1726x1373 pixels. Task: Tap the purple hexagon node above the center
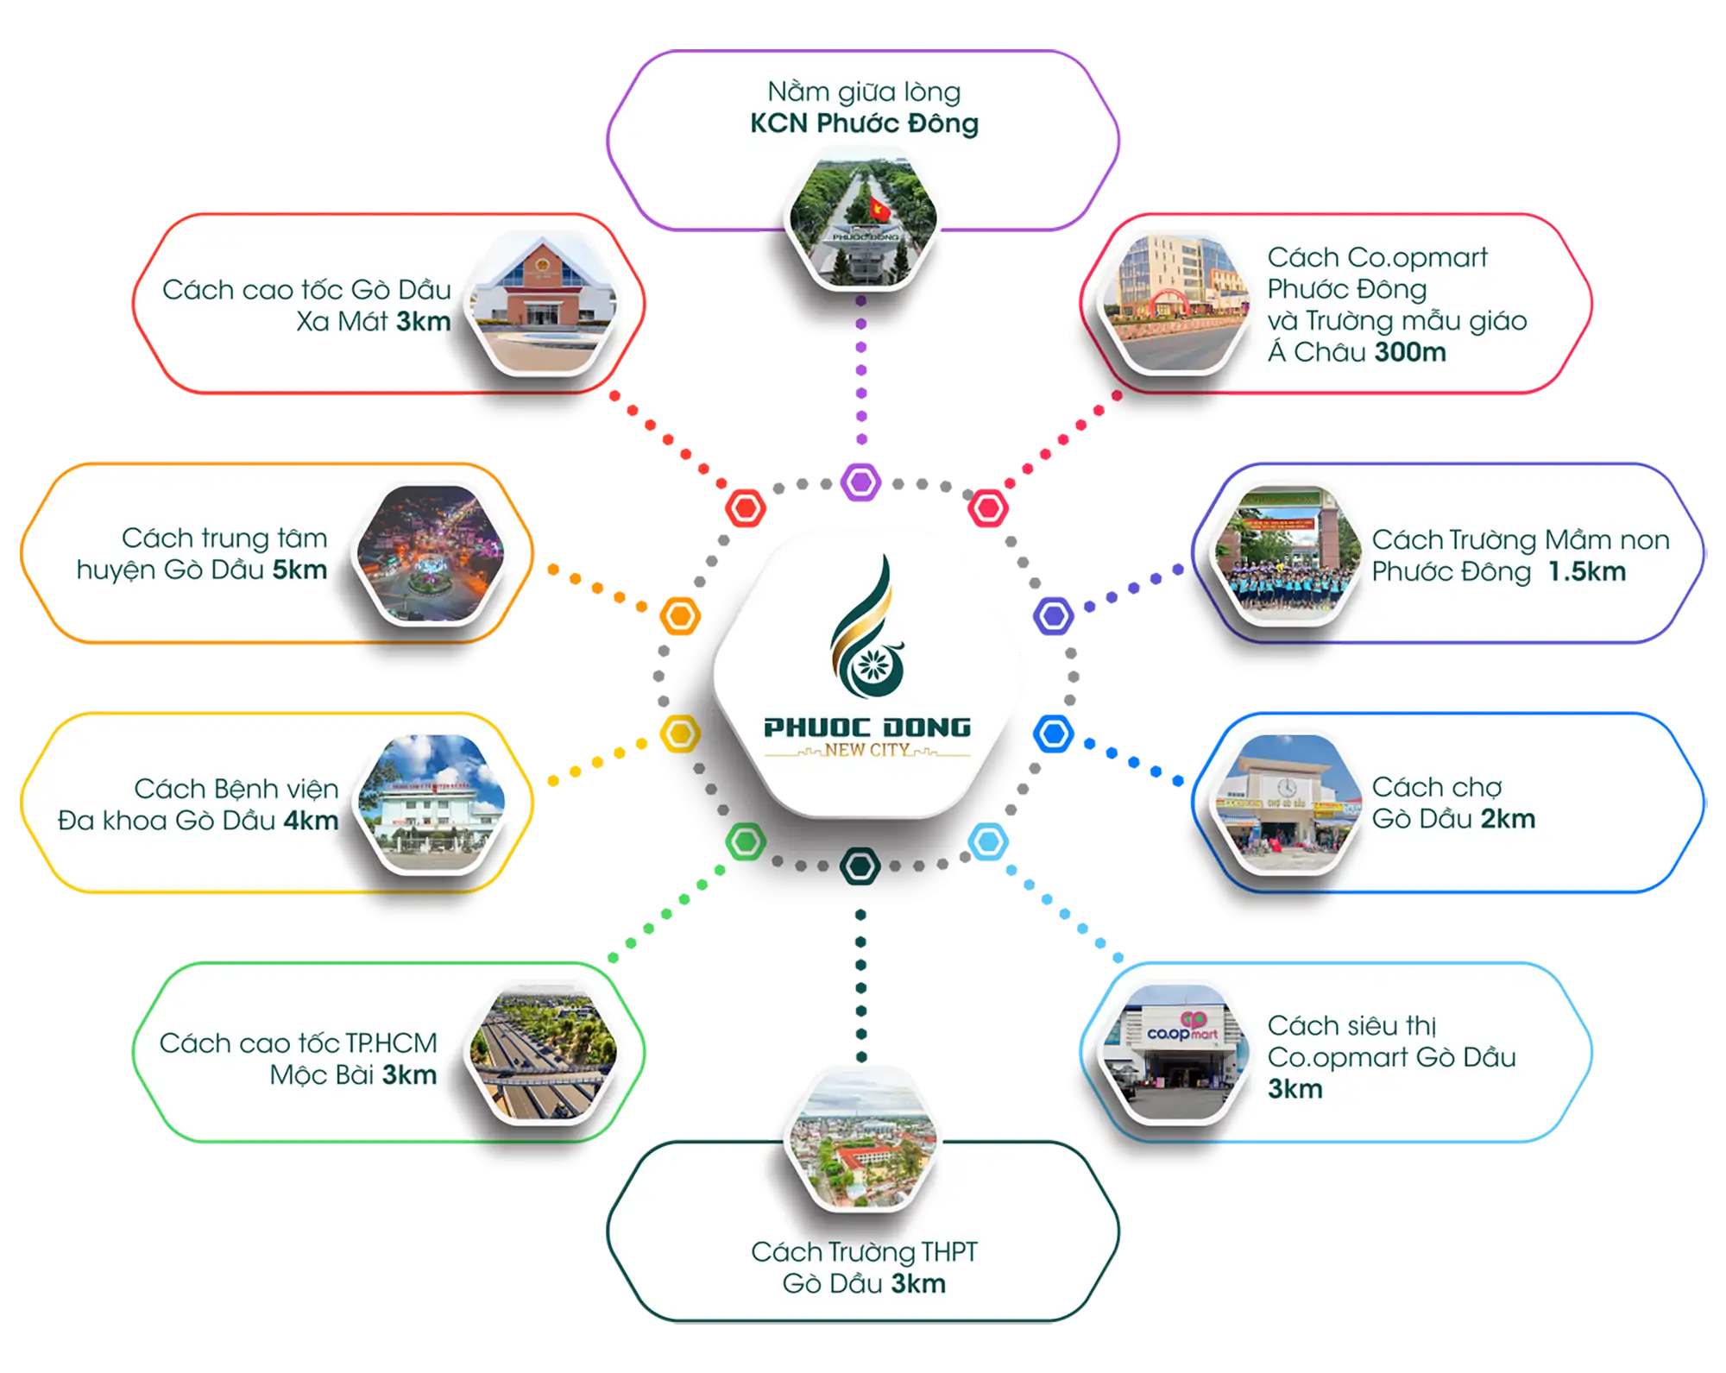click(x=860, y=482)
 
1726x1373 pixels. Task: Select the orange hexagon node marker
click(x=680, y=616)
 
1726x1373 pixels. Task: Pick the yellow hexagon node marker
click(x=680, y=734)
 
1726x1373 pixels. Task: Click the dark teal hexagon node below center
click(x=860, y=866)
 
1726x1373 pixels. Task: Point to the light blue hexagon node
click(x=989, y=841)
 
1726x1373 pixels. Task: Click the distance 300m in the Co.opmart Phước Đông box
click(x=1410, y=352)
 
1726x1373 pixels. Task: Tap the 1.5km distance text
click(x=1586, y=571)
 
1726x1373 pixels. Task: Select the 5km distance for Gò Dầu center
click(x=299, y=570)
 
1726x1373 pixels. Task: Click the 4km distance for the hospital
click(x=311, y=820)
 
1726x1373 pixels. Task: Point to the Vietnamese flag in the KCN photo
click(x=879, y=208)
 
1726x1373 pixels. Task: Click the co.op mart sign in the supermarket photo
click(x=1183, y=1030)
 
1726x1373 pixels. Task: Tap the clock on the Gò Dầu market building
click(x=1286, y=787)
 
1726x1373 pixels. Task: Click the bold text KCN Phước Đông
click(x=864, y=123)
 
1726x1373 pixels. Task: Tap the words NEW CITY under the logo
click(x=866, y=750)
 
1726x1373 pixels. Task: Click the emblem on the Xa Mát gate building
click(x=542, y=264)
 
